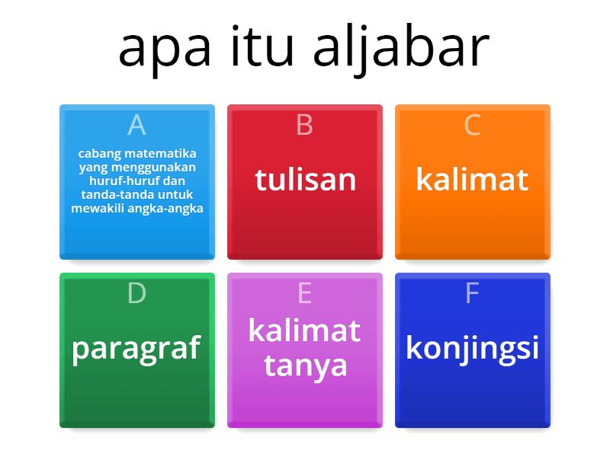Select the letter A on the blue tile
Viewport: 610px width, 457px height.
click(x=136, y=124)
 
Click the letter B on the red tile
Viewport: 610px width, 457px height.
click(x=304, y=124)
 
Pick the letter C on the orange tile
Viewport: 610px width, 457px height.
click(x=472, y=124)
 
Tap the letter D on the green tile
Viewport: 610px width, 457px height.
click(x=136, y=293)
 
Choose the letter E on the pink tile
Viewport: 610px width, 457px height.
click(x=304, y=293)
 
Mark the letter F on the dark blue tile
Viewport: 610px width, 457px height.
click(x=472, y=293)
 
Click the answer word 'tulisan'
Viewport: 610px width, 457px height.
click(x=305, y=180)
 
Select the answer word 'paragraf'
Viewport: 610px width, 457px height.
click(x=136, y=348)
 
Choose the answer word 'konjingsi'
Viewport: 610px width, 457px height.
click(x=472, y=347)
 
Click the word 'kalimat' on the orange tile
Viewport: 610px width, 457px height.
click(x=472, y=180)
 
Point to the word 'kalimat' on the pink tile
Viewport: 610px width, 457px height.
click(x=305, y=331)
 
